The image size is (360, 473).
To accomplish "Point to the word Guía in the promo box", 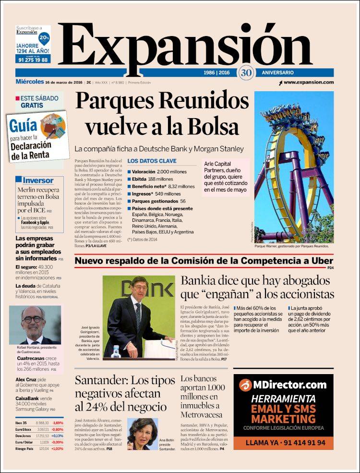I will tap(24, 126).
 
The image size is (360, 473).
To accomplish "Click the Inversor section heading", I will tap(38, 181).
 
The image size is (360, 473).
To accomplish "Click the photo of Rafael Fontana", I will tap(35, 325).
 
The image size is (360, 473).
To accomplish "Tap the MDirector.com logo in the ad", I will tap(283, 385).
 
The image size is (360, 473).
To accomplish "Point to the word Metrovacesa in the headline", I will tap(202, 414).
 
